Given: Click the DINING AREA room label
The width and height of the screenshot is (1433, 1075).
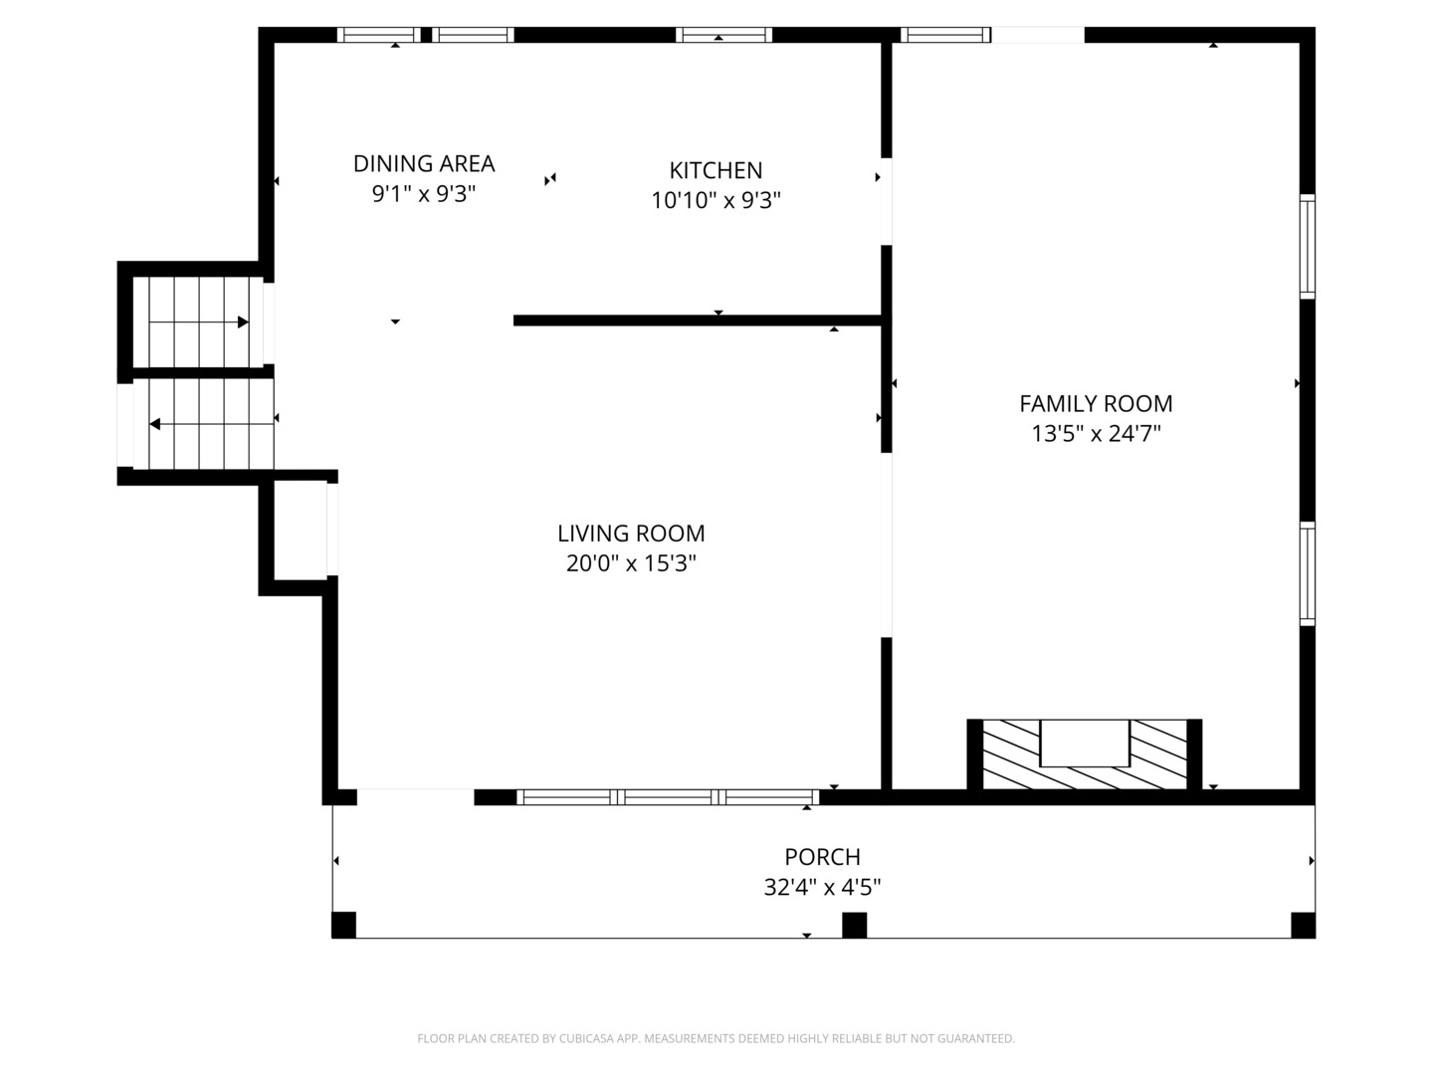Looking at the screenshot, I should click(x=424, y=163).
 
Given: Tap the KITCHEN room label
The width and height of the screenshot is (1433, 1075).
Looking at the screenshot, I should click(x=716, y=170).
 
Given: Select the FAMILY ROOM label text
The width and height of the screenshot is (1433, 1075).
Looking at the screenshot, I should click(x=1096, y=403).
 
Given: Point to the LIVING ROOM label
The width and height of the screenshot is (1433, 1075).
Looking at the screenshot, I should click(x=631, y=534).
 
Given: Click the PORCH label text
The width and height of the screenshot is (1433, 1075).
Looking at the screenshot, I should click(x=822, y=857).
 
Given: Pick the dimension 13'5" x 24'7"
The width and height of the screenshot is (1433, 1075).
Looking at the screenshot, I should click(x=1096, y=434).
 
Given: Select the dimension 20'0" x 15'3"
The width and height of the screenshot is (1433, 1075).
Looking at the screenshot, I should click(x=631, y=563).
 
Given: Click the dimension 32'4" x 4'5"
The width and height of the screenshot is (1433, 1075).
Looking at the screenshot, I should click(x=822, y=887).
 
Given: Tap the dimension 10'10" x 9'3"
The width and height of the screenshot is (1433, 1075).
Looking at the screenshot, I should click(x=716, y=200).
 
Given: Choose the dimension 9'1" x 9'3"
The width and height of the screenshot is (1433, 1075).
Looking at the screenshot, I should click(x=424, y=193).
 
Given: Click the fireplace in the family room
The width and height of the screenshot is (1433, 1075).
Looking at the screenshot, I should click(x=1085, y=752).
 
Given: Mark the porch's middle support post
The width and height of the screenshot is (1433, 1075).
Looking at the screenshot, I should click(x=854, y=925).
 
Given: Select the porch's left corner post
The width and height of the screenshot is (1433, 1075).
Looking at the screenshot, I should click(x=343, y=925).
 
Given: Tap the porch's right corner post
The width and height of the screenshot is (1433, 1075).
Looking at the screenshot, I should click(x=1303, y=925).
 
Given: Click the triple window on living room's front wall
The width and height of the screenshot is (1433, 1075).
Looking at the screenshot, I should click(x=668, y=796).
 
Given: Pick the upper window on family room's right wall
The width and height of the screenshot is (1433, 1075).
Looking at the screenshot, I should click(x=1308, y=247).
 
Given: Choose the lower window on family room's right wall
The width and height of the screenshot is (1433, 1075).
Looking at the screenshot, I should click(x=1308, y=574).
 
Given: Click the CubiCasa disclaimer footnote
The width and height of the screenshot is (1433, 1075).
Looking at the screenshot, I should click(x=716, y=1038).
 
